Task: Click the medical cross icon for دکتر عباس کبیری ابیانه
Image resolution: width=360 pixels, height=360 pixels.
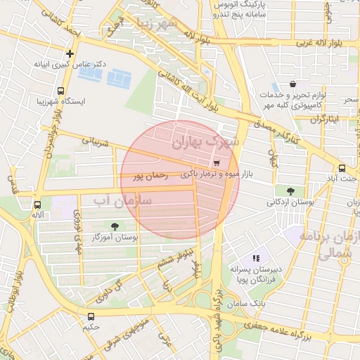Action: pos(70,53)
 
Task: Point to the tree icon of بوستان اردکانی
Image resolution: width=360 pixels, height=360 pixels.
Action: pos(290,190)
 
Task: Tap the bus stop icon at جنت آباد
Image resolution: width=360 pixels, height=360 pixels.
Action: pos(342,168)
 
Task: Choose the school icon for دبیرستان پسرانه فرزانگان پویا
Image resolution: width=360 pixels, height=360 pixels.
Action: pos(257,258)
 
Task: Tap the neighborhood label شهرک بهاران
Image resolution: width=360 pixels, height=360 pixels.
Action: pos(205,143)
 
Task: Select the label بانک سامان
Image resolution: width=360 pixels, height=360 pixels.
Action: pos(249,302)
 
